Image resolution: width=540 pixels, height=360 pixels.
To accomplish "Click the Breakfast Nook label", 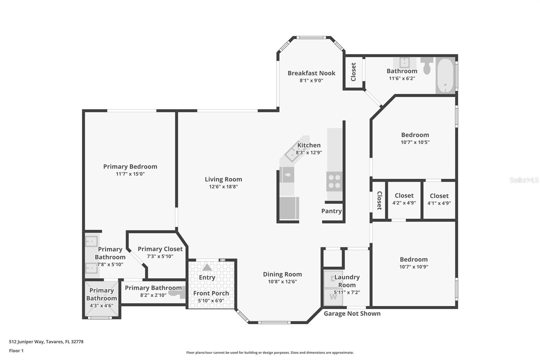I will pyautogui.click(x=311, y=73).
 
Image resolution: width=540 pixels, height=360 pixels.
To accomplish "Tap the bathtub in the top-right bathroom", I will pyautogui.click(x=445, y=76).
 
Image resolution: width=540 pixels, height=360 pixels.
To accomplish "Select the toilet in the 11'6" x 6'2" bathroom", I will pyautogui.click(x=427, y=66).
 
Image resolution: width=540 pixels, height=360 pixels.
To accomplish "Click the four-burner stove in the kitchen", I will pyautogui.click(x=334, y=181).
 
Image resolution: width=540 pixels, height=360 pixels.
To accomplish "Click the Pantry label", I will pyautogui.click(x=331, y=211).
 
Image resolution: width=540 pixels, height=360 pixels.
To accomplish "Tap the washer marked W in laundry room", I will pyautogui.click(x=333, y=297).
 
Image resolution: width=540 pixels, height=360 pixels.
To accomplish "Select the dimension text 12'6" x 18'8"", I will pyautogui.click(x=223, y=187).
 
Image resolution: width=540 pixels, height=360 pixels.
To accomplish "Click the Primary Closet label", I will pyautogui.click(x=160, y=249).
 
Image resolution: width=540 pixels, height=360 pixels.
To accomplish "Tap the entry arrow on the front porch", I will pyautogui.click(x=207, y=267).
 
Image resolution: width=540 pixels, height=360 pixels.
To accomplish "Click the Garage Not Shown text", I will pyautogui.click(x=352, y=314).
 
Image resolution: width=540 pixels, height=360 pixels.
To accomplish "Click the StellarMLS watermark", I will pyautogui.click(x=524, y=180).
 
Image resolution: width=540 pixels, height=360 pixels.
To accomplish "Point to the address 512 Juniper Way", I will pyautogui.click(x=46, y=342).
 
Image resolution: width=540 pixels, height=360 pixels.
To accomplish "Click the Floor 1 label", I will pyautogui.click(x=16, y=351).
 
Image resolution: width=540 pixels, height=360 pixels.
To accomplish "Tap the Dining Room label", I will pyautogui.click(x=282, y=274).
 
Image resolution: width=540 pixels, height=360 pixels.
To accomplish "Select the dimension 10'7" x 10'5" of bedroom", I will pyautogui.click(x=415, y=143).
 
